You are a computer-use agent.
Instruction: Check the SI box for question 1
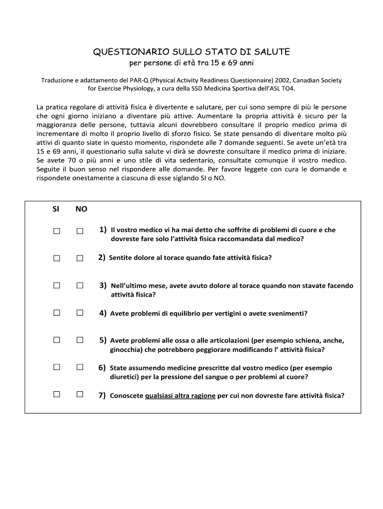click(x=57, y=231)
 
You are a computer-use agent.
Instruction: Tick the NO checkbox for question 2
click(x=80, y=258)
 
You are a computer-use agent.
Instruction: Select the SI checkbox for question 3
click(x=57, y=285)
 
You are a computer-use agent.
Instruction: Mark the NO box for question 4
click(x=80, y=313)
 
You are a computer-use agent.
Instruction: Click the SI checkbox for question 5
click(x=57, y=340)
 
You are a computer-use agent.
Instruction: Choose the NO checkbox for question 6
click(x=80, y=367)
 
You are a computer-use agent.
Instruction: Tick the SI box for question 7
click(x=57, y=395)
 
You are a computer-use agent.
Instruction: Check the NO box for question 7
click(x=80, y=395)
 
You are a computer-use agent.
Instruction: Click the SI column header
click(x=56, y=209)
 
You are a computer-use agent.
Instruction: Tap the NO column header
click(x=81, y=209)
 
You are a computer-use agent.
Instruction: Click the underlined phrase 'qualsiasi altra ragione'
click(x=180, y=396)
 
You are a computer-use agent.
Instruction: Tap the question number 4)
click(x=103, y=313)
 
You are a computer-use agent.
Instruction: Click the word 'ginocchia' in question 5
click(x=126, y=349)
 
